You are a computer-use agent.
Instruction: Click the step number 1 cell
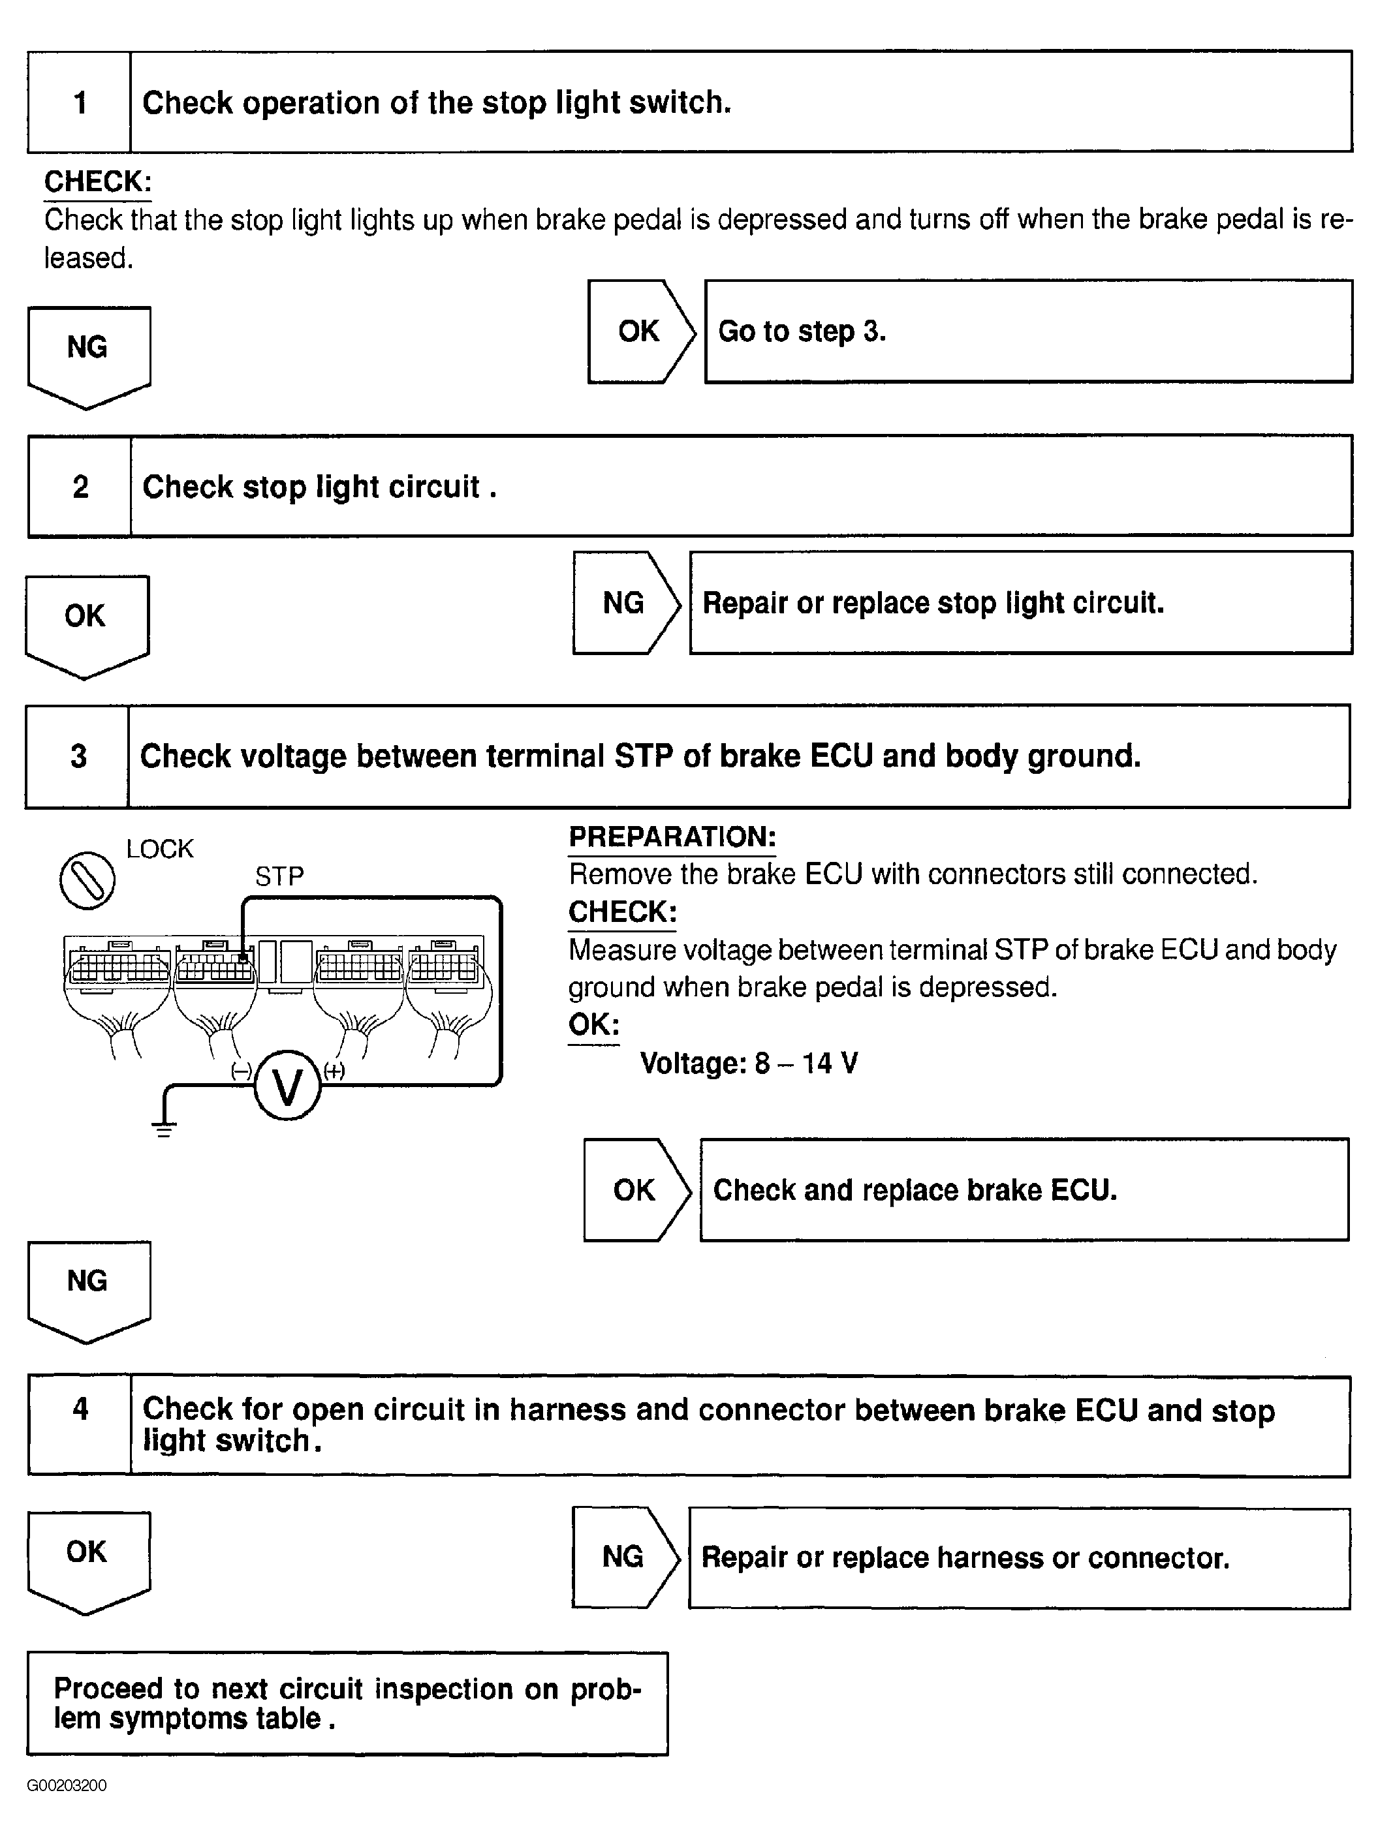(x=79, y=102)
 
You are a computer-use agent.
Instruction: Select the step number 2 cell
(x=80, y=487)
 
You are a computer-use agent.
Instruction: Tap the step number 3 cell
(x=78, y=756)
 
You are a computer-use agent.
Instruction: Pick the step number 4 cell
(x=80, y=1426)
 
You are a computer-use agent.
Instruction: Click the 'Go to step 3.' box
(x=1027, y=331)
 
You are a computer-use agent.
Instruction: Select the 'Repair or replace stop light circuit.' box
(x=1020, y=603)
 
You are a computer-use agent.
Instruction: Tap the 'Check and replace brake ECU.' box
(x=1024, y=1189)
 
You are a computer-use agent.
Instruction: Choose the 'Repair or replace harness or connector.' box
(x=1018, y=1557)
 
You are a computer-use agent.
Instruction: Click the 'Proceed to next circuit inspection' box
(x=347, y=1703)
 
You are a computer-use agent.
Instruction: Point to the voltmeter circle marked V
(x=287, y=1086)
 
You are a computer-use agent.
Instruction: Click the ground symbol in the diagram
(x=164, y=1128)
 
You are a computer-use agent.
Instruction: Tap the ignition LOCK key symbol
(x=87, y=880)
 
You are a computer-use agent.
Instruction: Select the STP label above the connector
(x=279, y=876)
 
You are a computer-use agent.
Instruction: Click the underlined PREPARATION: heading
(x=672, y=837)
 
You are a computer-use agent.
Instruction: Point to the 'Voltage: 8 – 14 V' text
(x=748, y=1063)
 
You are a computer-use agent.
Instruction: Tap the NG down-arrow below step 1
(x=88, y=354)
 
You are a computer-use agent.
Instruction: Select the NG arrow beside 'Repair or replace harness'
(x=624, y=1557)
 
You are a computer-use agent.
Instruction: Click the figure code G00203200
(x=67, y=1786)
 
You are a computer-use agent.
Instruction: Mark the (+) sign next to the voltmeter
(x=334, y=1071)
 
